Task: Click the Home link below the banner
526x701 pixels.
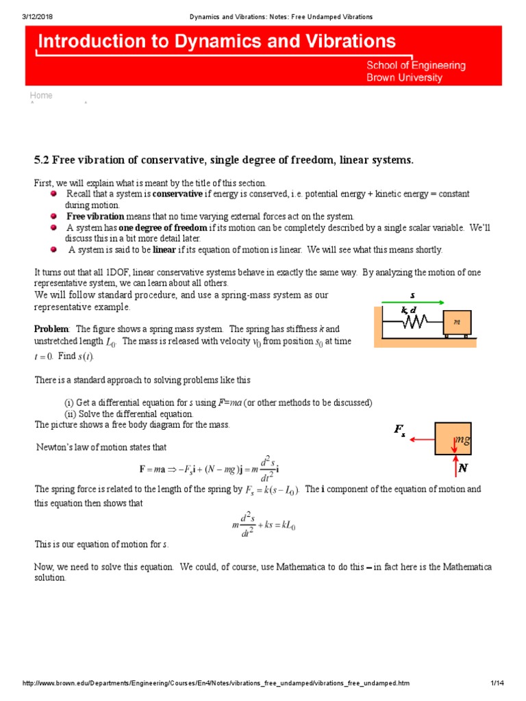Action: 41,96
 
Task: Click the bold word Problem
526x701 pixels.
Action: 51,329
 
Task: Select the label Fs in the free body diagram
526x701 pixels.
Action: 400,430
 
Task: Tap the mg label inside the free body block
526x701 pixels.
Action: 462,439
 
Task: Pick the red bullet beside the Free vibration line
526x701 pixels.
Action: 54,216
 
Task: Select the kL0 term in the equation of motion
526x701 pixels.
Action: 286,526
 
